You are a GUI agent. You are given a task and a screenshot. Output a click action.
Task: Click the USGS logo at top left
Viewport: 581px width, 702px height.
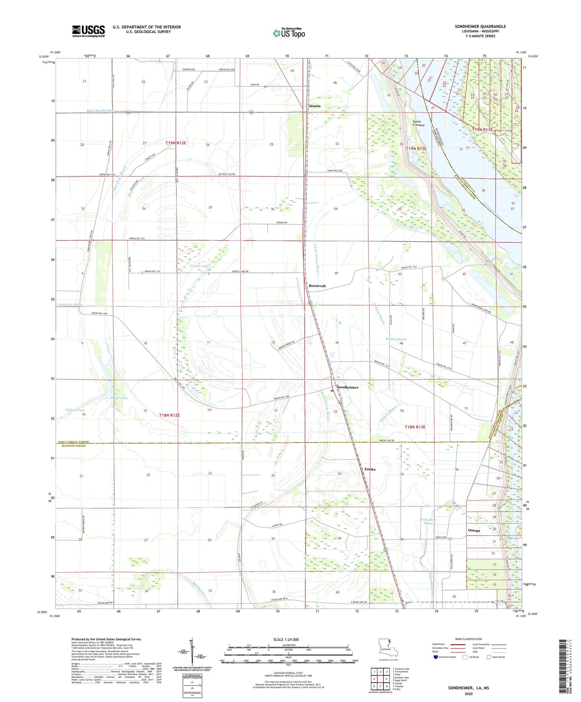[88, 31]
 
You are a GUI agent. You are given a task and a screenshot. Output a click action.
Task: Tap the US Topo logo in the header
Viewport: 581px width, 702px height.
[289, 33]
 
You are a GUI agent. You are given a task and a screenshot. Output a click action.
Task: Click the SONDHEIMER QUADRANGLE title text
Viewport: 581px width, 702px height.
[480, 27]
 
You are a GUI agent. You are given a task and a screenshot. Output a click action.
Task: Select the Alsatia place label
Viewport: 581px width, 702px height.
[314, 106]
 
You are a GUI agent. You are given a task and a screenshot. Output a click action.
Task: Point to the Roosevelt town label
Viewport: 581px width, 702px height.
[317, 286]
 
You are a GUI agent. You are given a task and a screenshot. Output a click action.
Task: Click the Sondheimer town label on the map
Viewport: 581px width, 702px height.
[348, 387]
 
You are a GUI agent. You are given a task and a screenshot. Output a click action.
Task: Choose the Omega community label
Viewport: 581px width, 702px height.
[474, 530]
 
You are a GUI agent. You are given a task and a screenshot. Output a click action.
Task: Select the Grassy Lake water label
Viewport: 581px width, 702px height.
[199, 266]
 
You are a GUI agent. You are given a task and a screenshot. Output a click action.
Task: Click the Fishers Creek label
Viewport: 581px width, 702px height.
[75, 410]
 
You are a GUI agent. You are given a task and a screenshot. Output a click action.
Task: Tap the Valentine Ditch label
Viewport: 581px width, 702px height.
[69, 304]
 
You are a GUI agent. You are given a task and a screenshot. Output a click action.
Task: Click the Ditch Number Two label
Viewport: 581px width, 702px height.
[101, 111]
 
